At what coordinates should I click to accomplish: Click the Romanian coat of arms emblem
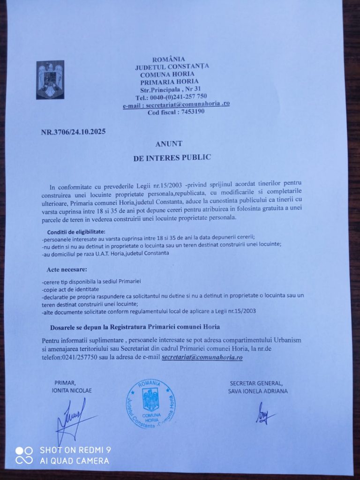pos(50,79)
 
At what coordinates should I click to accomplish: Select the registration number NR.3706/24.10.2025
pos(73,132)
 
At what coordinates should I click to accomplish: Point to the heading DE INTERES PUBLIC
pos(172,157)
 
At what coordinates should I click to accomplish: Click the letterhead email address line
pos(176,104)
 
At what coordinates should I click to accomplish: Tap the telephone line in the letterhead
pos(171,97)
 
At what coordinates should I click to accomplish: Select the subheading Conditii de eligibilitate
pos(76,232)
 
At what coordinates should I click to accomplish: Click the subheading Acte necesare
pos(67,270)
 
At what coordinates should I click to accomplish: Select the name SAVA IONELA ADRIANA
pos(258,390)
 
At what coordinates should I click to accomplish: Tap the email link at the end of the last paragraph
pos(202,357)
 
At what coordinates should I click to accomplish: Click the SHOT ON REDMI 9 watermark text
pos(75,450)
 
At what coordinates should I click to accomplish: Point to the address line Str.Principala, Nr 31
pos(171,89)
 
